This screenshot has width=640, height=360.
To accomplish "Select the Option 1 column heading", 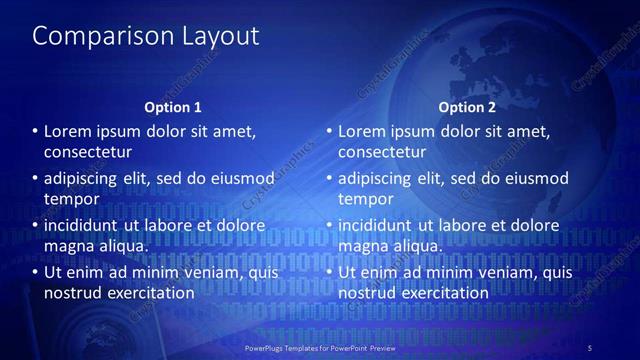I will tap(173, 107).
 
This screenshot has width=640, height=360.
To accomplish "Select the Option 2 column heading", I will tap(467, 107).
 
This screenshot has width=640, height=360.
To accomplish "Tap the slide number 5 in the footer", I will tap(590, 347).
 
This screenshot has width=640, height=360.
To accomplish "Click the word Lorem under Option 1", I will tap(69, 132).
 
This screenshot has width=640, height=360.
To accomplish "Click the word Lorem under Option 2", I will tap(363, 132).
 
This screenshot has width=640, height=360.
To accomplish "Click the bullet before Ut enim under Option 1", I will tap(35, 272).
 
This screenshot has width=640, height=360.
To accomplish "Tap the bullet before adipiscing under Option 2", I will tap(329, 179).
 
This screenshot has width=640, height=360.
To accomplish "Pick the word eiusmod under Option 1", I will tap(240, 179).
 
